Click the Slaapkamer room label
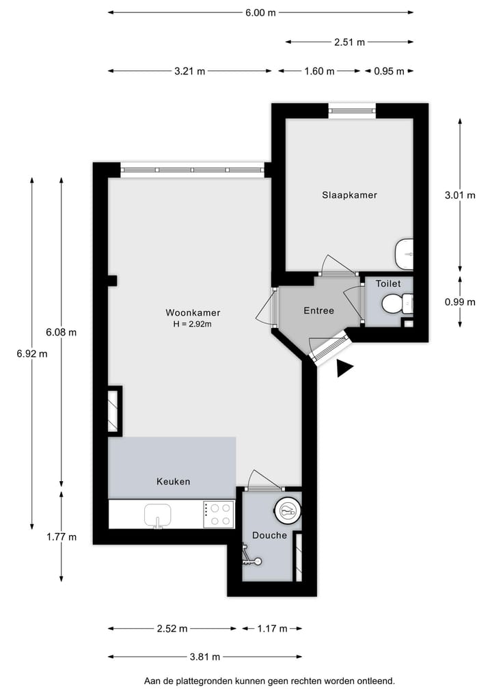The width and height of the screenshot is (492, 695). point(349,195)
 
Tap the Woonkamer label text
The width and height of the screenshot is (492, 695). point(193,313)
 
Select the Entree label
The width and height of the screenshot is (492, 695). point(318,311)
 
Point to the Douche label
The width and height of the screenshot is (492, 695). point(269,535)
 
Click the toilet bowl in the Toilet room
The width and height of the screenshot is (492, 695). point(394,303)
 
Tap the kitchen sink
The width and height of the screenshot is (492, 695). point(158,514)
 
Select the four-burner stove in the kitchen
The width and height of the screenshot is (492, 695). point(219,514)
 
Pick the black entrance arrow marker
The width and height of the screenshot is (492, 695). point(344,369)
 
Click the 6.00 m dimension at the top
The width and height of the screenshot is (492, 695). point(261,12)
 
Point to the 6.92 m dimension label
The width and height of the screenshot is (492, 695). point(32,353)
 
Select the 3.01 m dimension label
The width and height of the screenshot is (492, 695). point(459,195)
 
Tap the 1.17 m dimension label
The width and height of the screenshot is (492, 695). point(271,629)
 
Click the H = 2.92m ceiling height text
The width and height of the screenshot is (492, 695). point(193,324)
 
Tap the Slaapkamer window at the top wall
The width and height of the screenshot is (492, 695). point(351,110)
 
